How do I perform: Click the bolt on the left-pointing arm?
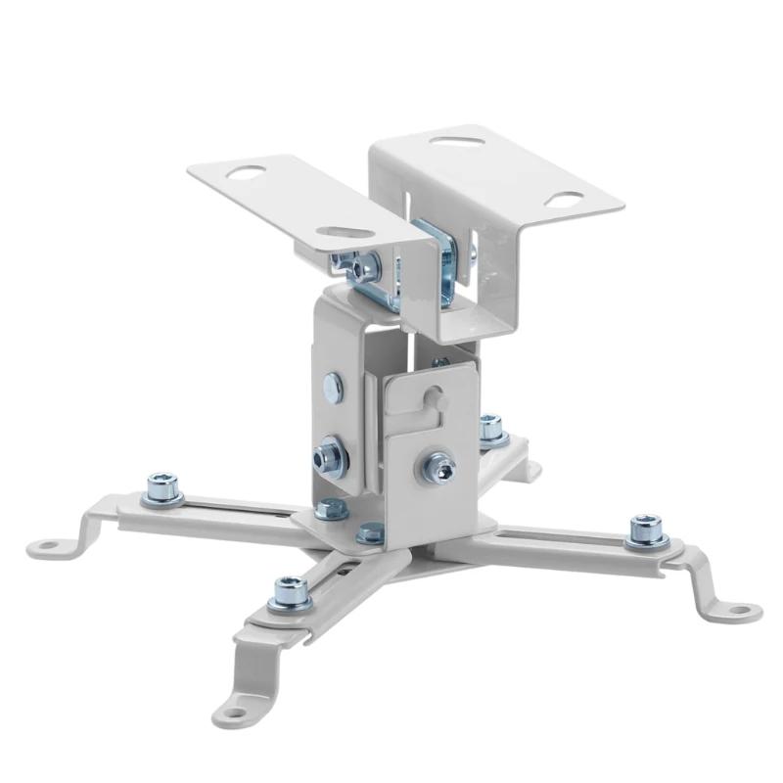pyautogui.click(x=162, y=486)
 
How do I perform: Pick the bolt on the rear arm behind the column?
pyautogui.click(x=491, y=428)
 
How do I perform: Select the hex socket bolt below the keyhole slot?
pyautogui.click(x=439, y=468)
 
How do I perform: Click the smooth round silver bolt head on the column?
pyautogui.click(x=333, y=389)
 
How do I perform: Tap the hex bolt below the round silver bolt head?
pyautogui.click(x=329, y=456)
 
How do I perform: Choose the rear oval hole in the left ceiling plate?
pyautogui.click(x=245, y=173)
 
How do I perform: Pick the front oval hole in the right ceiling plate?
pyautogui.click(x=563, y=199)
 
